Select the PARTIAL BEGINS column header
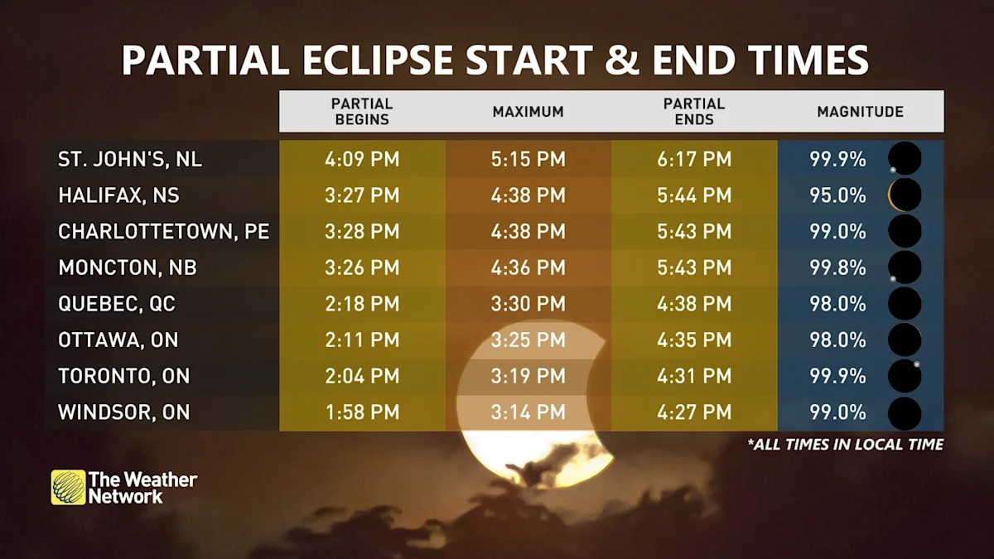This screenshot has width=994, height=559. point(362,112)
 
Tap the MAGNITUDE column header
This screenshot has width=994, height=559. point(860,112)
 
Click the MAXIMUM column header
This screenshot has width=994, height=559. point(528,112)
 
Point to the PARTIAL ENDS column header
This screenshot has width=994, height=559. point(694,112)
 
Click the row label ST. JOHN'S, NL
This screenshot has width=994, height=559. point(130,159)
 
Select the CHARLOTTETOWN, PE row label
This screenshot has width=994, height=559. point(163,232)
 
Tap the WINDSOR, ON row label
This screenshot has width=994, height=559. point(123,412)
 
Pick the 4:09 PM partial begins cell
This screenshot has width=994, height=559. point(362,159)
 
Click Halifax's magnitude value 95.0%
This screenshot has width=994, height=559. point(837,195)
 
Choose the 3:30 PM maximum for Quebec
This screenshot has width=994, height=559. point(528,304)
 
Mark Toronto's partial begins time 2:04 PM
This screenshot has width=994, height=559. point(362,376)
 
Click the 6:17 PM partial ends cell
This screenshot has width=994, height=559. point(694,159)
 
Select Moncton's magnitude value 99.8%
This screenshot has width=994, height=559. point(837,267)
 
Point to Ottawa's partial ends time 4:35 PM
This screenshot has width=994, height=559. point(694,340)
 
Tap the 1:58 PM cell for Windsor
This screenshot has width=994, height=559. point(362,412)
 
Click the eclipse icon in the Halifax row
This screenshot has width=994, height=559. point(905,195)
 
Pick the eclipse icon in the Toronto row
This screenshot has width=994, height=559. point(905,376)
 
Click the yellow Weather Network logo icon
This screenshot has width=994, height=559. point(68,487)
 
